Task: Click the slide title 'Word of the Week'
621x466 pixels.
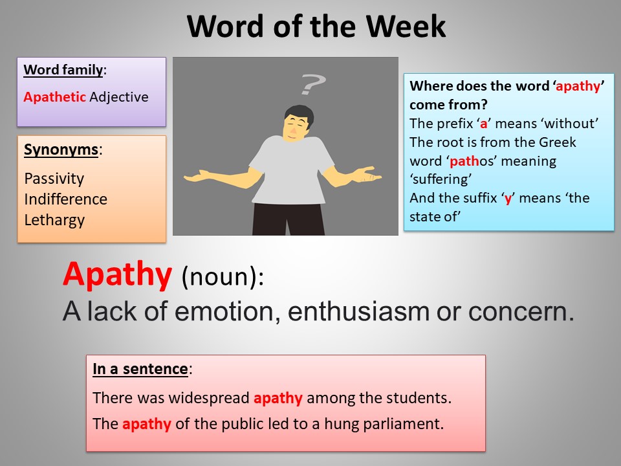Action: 316,27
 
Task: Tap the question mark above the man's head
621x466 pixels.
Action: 312,84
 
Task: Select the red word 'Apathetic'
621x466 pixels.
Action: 55,97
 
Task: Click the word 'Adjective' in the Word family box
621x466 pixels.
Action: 119,97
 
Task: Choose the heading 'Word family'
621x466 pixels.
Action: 63,69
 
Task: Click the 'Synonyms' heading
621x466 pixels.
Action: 61,150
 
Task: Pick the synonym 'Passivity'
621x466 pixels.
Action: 54,178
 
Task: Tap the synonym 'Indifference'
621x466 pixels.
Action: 65,199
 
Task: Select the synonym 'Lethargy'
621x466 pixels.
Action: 54,219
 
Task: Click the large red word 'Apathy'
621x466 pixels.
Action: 117,275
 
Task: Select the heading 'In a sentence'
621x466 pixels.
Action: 140,370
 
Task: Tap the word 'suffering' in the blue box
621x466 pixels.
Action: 437,179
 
